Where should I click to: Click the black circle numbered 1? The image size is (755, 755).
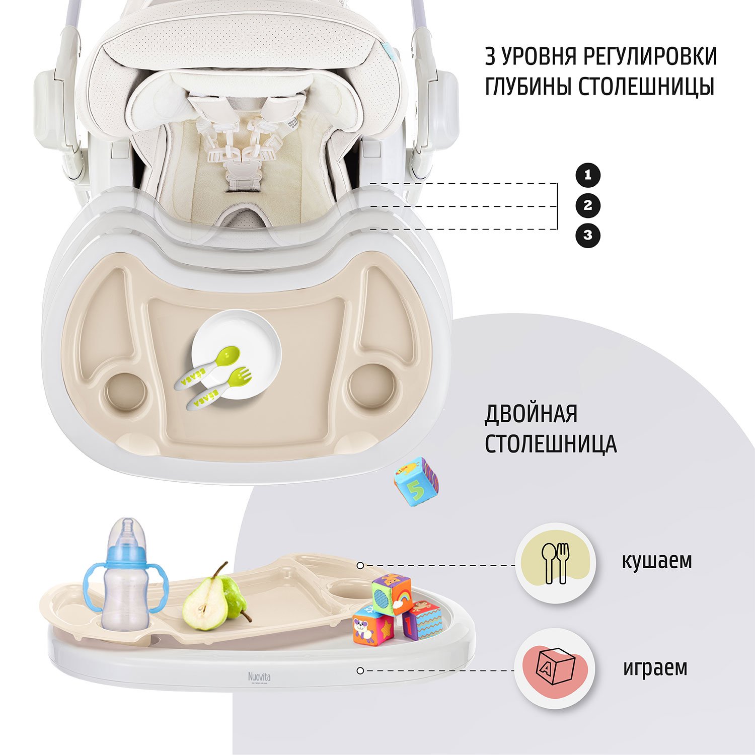pyautogui.click(x=588, y=176)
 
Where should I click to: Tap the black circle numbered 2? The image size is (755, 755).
pyautogui.click(x=588, y=205)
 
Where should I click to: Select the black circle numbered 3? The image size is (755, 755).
pyautogui.click(x=588, y=235)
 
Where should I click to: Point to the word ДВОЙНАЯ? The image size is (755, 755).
pyautogui.click(x=531, y=414)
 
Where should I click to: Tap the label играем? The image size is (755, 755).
pyautogui.click(x=655, y=668)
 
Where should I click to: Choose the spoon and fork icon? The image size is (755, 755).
pyautogui.click(x=555, y=563)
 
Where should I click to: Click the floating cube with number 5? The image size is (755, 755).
pyautogui.click(x=416, y=481)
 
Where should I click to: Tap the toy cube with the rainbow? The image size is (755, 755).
pyautogui.click(x=392, y=594)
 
